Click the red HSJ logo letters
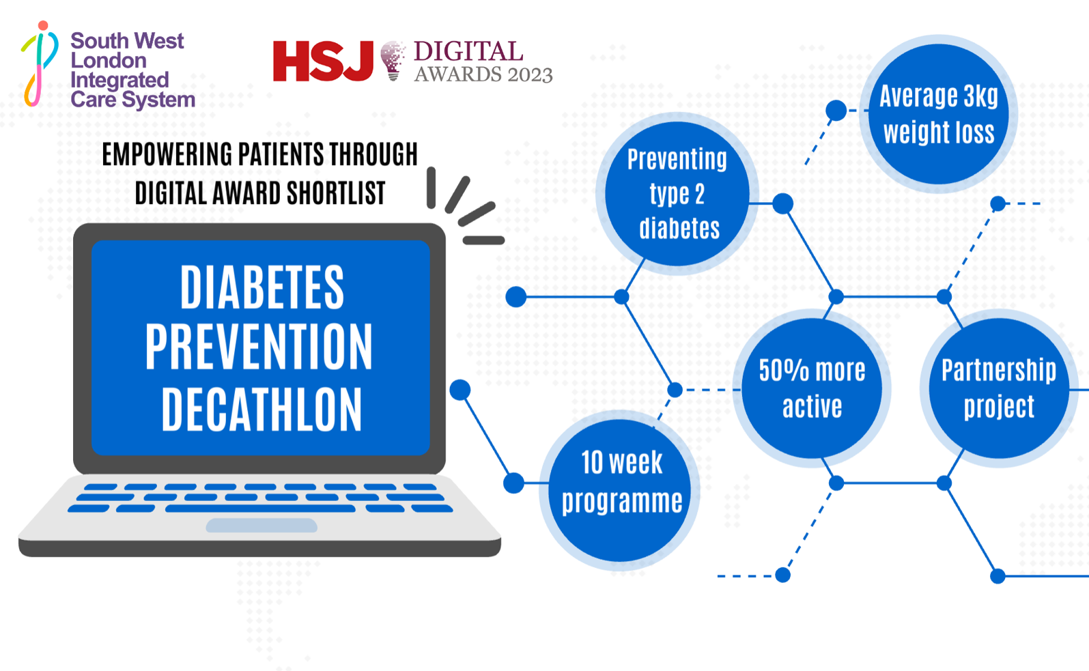click(x=322, y=61)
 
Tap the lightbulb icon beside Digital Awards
click(x=393, y=60)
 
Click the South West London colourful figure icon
click(x=40, y=64)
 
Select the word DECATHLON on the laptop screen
click(x=261, y=409)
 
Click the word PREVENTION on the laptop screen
click(x=259, y=347)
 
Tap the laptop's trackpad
click(x=261, y=525)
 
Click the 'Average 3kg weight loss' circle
click(x=939, y=114)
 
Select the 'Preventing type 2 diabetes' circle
click(x=677, y=194)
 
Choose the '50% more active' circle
click(x=812, y=388)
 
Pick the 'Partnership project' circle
click(x=998, y=388)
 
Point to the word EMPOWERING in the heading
click(x=167, y=155)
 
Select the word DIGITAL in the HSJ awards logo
click(x=468, y=51)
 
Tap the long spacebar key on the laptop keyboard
click(x=260, y=509)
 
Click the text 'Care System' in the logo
click(x=133, y=100)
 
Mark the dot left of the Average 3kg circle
click(x=836, y=110)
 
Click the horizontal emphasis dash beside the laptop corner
click(x=483, y=240)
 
